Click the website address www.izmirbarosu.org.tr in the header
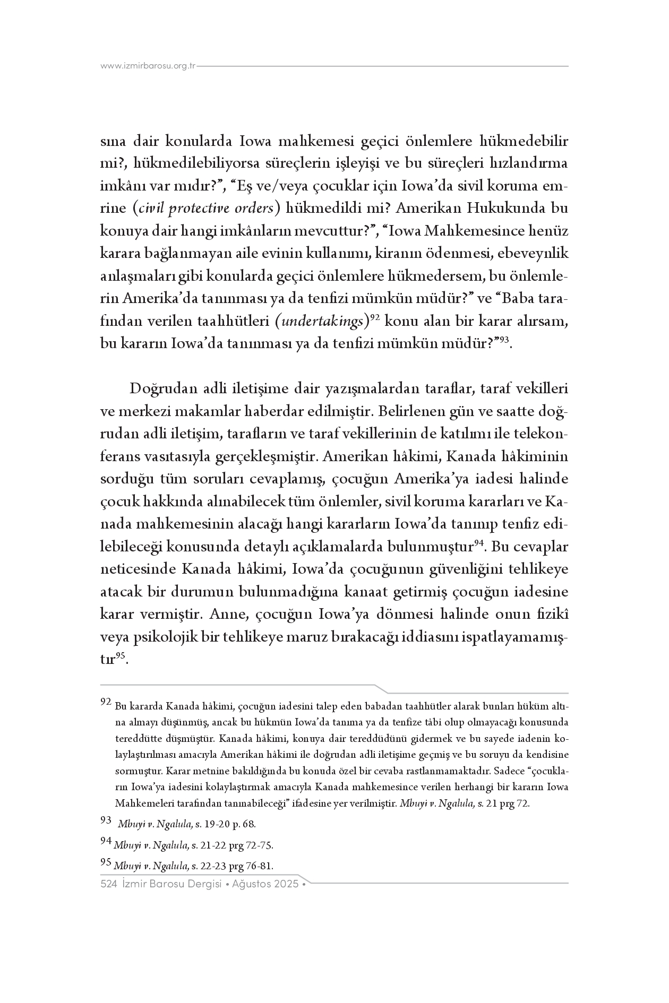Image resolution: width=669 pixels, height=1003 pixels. pyautogui.click(x=148, y=66)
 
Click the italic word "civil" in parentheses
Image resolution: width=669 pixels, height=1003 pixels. pyautogui.click(x=153, y=209)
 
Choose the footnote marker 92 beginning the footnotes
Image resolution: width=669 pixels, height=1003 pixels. pyautogui.click(x=106, y=702)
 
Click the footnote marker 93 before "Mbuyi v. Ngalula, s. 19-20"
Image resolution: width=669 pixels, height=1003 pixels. pyautogui.click(x=106, y=820)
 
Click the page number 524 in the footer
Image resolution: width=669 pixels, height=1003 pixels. pyautogui.click(x=108, y=885)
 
